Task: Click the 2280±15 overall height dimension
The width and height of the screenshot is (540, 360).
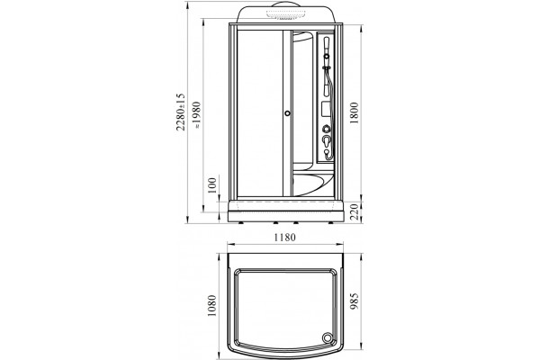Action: (181, 112)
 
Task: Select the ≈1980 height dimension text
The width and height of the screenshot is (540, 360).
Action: (197, 114)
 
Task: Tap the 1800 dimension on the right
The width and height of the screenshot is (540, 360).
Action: (355, 113)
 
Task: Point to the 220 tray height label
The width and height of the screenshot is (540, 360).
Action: (355, 211)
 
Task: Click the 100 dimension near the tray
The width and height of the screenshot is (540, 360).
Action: (212, 185)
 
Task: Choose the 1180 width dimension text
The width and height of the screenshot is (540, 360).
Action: (284, 238)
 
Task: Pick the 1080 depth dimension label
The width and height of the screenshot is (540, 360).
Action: (211, 306)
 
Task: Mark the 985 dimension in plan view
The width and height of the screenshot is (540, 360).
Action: (355, 301)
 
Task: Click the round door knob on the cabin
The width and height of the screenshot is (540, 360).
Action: (287, 113)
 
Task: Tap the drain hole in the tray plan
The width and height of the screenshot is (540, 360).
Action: (326, 337)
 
